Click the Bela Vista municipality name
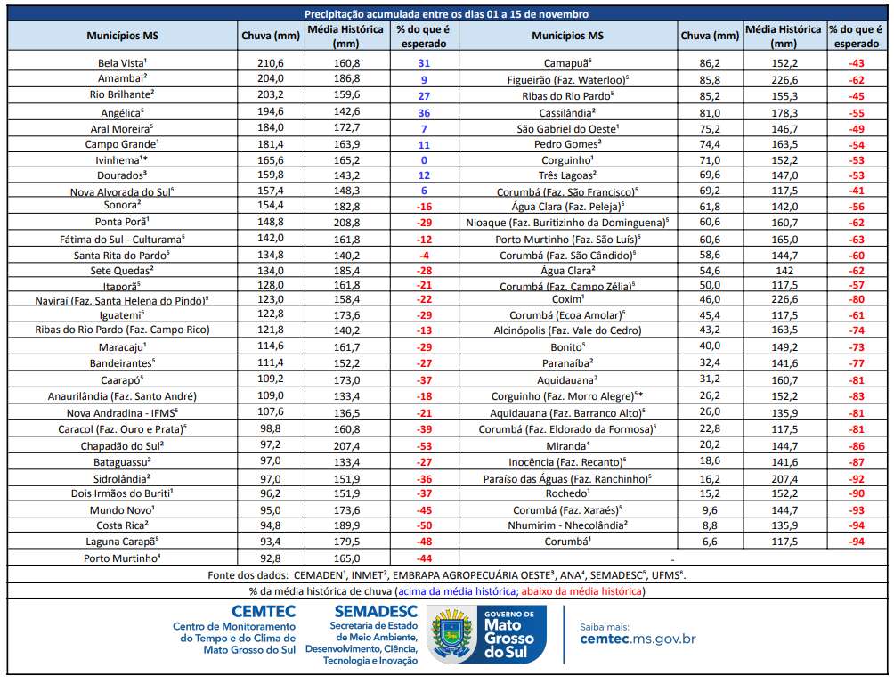pos(122,63)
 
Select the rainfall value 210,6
pos(270,63)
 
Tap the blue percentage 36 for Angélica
pos(423,113)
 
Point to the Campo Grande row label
pos(122,144)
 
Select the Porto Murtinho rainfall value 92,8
pos(270,558)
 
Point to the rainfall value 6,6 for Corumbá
pos(710,541)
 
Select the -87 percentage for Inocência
pos(857,461)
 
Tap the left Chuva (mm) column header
pos(270,36)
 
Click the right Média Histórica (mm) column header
pos(783,36)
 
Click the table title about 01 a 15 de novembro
pos(446,14)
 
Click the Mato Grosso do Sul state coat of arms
pos(454,634)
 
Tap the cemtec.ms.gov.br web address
pos(638,639)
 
